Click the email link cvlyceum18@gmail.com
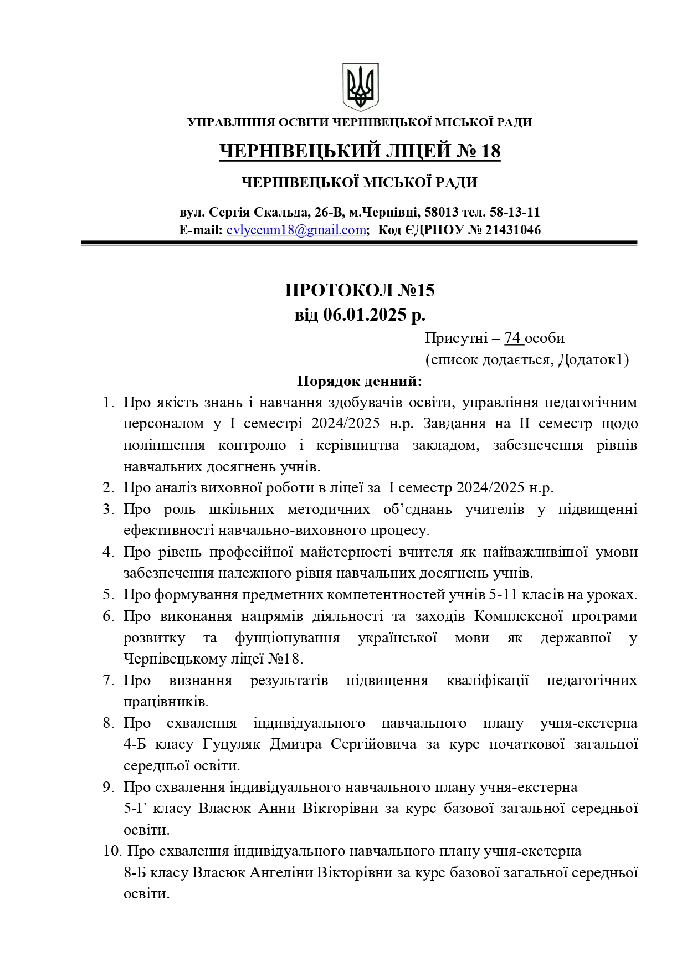point(296,230)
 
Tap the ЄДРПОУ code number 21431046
point(513,230)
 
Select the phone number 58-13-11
point(515,212)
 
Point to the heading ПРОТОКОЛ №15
point(360,290)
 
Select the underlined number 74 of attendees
point(513,338)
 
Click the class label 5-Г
point(134,809)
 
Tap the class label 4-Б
point(134,744)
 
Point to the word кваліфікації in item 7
point(488,680)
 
